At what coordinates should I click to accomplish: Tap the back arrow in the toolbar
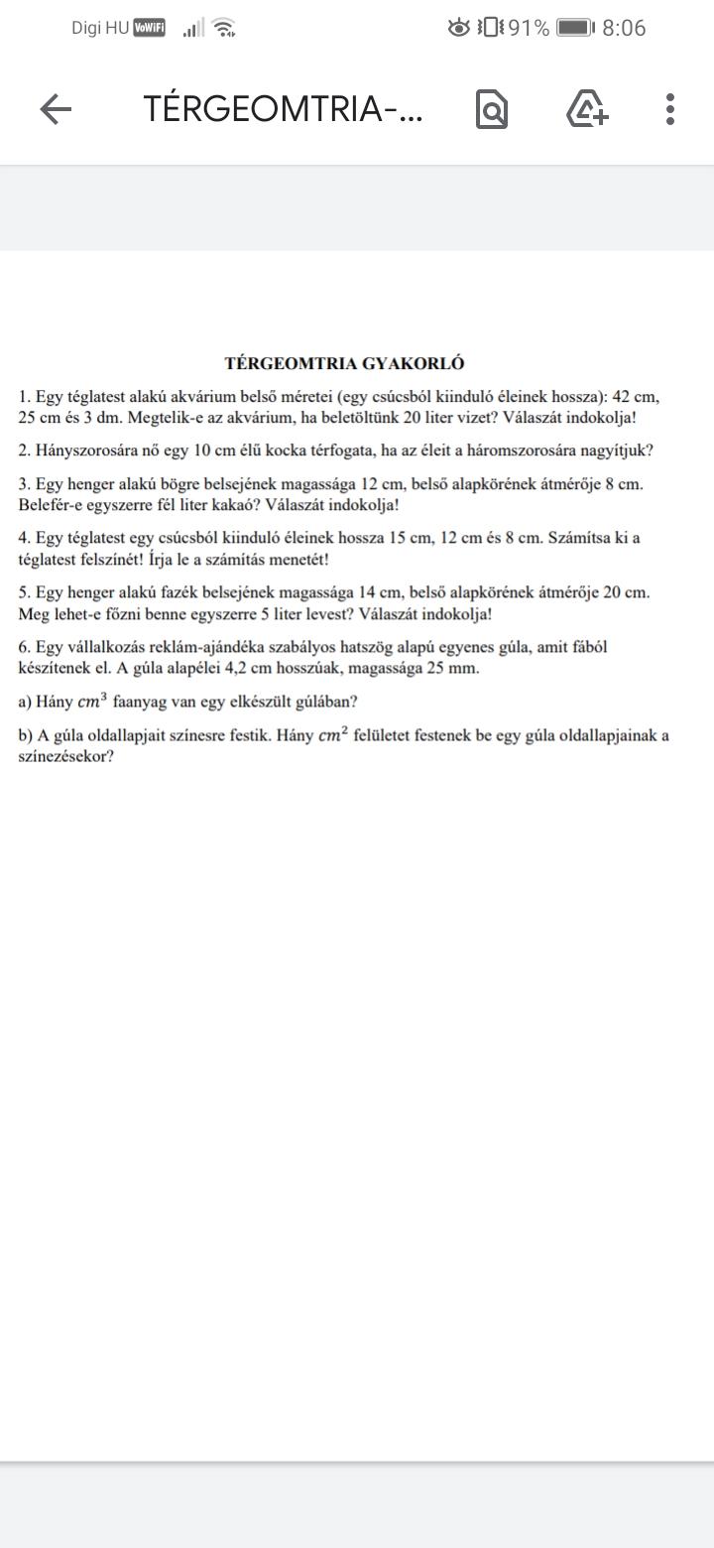click(56, 109)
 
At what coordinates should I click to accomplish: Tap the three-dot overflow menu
click(670, 109)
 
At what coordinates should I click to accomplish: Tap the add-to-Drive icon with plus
click(587, 109)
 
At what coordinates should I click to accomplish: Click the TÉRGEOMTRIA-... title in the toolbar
click(283, 109)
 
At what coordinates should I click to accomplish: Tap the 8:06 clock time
click(624, 29)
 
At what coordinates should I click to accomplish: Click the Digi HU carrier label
click(100, 29)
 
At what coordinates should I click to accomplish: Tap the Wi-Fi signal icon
click(225, 29)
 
